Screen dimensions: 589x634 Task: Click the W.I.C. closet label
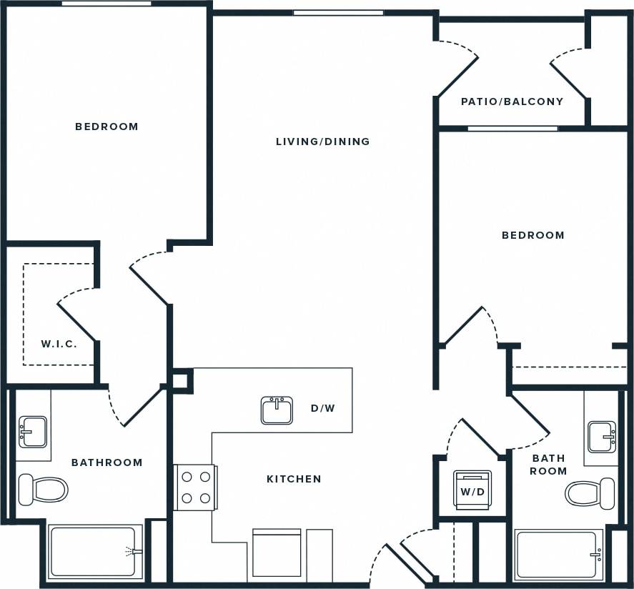coord(59,344)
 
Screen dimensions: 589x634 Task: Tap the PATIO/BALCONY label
coord(512,102)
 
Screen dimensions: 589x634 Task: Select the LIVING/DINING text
coord(323,142)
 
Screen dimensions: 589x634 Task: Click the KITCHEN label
coord(294,479)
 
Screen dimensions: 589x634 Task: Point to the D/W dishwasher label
coord(322,409)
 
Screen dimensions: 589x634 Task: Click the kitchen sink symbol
coord(277,410)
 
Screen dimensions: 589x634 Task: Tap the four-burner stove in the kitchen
coord(196,487)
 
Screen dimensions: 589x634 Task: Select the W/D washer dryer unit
coord(472,490)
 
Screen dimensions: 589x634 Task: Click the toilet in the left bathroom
coord(43,490)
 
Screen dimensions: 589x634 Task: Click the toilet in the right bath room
coord(590,493)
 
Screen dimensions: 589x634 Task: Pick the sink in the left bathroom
coord(32,432)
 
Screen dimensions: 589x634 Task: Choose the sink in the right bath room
coord(602,436)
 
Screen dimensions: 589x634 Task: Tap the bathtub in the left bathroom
coord(94,552)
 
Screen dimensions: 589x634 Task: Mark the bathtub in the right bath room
coord(559,554)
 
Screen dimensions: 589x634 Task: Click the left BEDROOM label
coord(107,127)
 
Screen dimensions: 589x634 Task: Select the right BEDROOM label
coord(533,235)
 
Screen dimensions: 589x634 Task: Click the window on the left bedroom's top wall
coord(106,4)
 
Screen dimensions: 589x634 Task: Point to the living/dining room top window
coord(338,12)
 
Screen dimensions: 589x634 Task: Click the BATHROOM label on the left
coord(107,462)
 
